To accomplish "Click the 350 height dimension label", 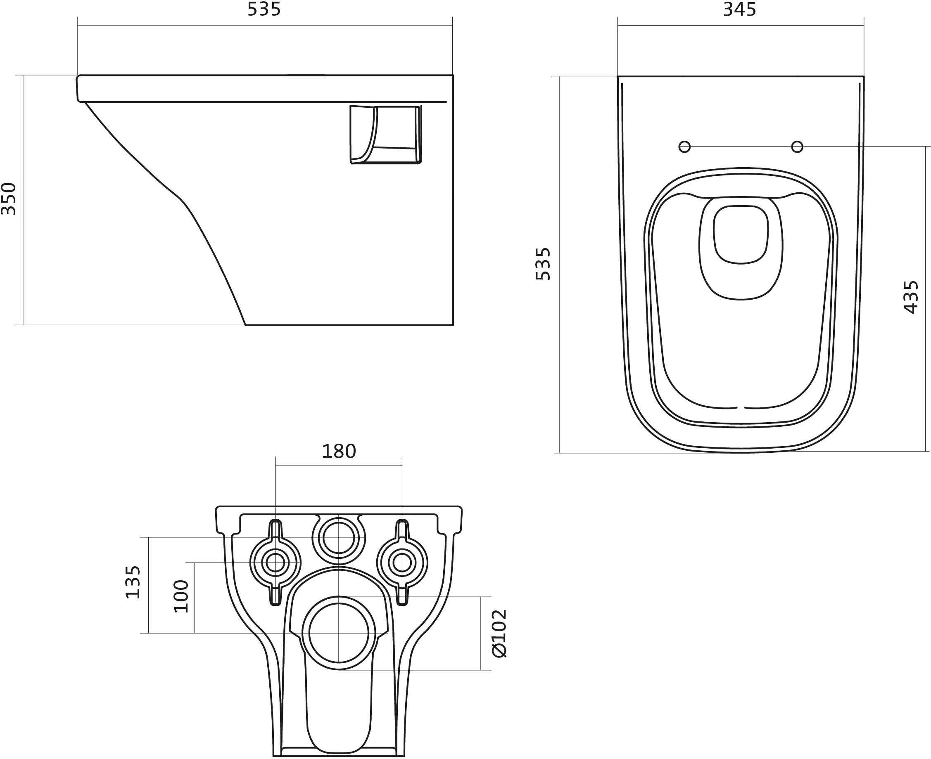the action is pos(9,199).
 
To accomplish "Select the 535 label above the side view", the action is pos(264,9).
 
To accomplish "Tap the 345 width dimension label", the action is pos(739,9).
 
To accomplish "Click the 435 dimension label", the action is pos(911,297).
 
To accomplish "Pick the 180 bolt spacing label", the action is pos(339,451).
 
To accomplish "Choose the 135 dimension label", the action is pos(133,582).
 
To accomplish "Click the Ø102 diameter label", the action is pos(499,634).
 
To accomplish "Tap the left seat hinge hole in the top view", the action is pos(685,147).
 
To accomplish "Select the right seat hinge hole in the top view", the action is pos(797,147).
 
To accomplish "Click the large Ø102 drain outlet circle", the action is pos(339,633).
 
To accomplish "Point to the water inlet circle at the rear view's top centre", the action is pos(339,537).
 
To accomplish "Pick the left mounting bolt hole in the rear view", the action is pos(275,563).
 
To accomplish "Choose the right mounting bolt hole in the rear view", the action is pos(402,563).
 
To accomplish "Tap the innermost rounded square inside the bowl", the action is pos(741,235).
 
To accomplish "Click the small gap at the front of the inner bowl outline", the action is pos(741,408).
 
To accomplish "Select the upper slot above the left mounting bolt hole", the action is pos(275,529).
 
